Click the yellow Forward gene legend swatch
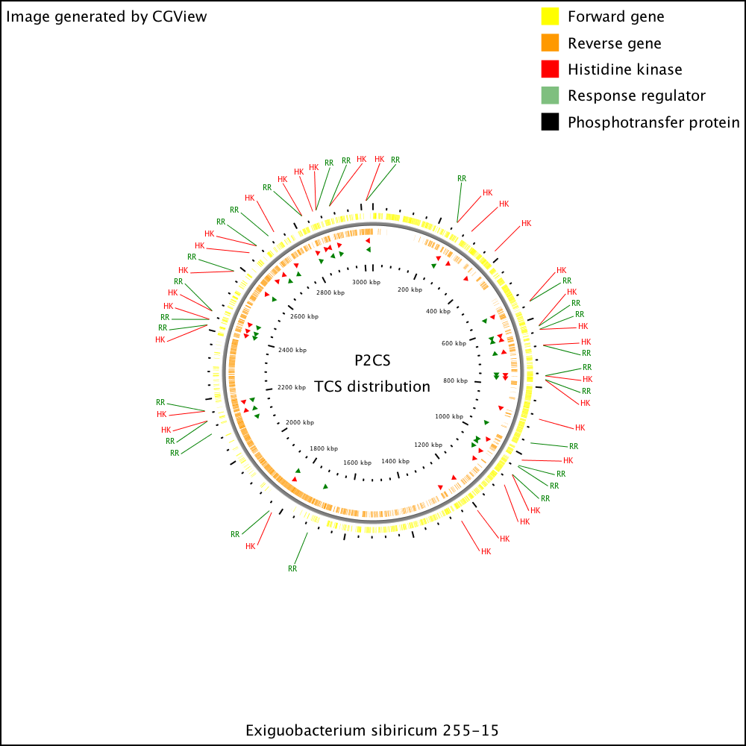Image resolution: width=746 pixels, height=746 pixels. click(x=550, y=16)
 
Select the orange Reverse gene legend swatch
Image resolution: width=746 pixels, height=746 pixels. click(x=550, y=43)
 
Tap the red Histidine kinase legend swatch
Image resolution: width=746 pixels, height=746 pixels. click(x=550, y=69)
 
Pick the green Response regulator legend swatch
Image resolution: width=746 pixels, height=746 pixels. click(x=550, y=95)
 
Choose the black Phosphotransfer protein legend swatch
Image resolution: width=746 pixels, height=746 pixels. click(x=550, y=122)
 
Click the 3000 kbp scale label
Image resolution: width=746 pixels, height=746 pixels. click(x=366, y=282)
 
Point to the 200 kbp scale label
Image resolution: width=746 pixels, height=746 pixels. click(x=410, y=289)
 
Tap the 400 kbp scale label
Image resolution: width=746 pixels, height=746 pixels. click(x=438, y=311)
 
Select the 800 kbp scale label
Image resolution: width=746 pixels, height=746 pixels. click(x=455, y=380)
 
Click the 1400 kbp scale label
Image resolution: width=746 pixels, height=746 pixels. click(x=395, y=461)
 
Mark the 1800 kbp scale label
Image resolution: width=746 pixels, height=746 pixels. click(x=324, y=448)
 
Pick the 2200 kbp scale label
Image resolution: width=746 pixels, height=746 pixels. click(x=292, y=387)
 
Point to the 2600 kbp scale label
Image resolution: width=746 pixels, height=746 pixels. click(x=304, y=316)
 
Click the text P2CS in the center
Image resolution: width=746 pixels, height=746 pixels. click(x=372, y=360)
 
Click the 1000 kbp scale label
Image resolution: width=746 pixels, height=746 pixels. click(x=449, y=416)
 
